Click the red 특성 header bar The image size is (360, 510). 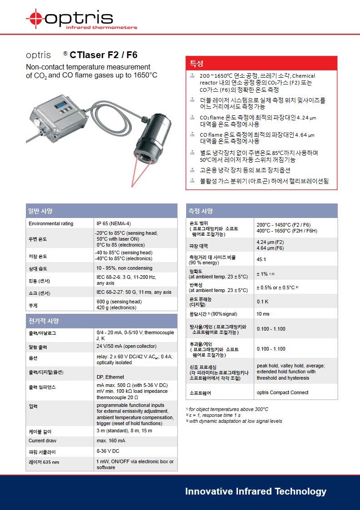[261, 63]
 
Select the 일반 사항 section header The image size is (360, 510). [101, 211]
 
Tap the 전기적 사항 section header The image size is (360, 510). [101, 321]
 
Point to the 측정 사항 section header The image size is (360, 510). [261, 211]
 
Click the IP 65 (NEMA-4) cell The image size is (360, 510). [114, 223]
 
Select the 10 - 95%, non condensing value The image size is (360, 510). [124, 268]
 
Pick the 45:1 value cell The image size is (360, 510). [261, 260]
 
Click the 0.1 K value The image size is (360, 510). [262, 302]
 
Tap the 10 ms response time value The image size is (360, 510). [263, 314]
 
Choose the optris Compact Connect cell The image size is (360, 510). [282, 392]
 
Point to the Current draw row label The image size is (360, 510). [43, 441]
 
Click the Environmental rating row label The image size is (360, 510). [51, 223]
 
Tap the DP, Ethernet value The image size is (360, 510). [110, 377]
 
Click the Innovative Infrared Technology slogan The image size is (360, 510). [256, 491]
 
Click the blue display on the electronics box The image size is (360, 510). [62, 105]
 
